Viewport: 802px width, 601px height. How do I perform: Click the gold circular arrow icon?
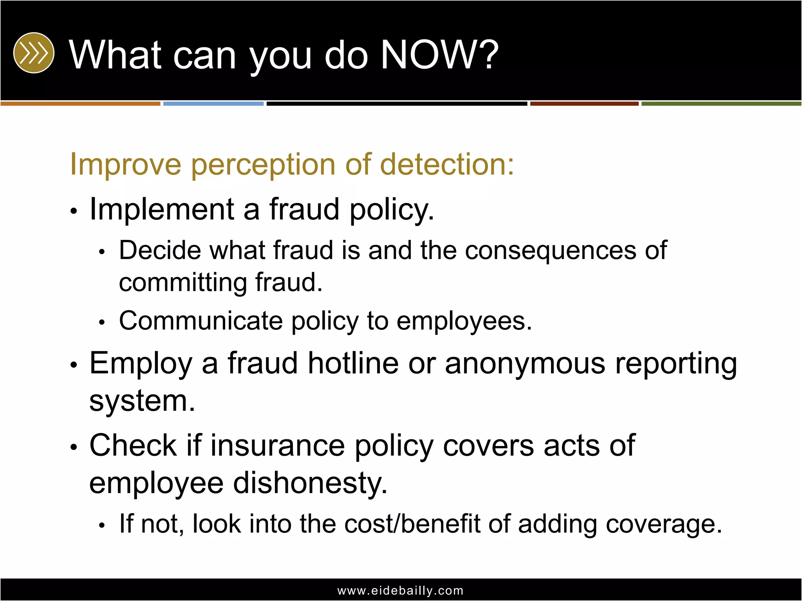34,53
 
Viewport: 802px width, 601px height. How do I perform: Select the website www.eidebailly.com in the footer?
400,590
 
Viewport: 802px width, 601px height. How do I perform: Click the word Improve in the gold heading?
125,164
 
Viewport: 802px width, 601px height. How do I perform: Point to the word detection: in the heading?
447,164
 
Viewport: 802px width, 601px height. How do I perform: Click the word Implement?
162,209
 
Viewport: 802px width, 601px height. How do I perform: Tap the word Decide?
159,250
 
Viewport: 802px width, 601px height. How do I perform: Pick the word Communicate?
200,321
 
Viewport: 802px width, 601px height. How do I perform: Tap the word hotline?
353,363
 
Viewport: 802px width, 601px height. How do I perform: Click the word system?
142,401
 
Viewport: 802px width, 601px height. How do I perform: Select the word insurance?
278,446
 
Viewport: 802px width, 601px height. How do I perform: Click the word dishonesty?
310,483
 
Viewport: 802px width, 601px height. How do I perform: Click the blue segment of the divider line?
213,104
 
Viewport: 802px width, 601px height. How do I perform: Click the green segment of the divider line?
721,104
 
